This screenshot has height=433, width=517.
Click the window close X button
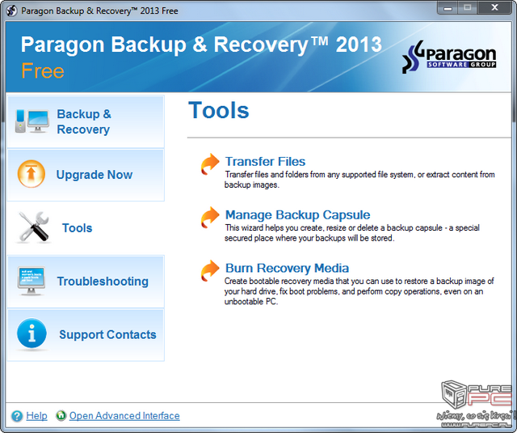[494, 7]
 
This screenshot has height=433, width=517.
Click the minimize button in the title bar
[448, 7]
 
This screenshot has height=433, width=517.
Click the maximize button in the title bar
[467, 7]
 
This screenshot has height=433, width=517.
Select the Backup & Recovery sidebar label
[84, 121]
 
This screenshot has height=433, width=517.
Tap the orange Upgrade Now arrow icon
[32, 174]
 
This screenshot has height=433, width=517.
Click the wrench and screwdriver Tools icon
[34, 227]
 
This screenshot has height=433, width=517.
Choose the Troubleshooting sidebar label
[103, 282]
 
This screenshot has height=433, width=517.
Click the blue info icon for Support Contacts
[32, 333]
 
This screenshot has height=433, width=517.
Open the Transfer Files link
[265, 162]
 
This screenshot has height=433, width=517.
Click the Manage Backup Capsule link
[297, 214]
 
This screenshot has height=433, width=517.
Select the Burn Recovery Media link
[287, 268]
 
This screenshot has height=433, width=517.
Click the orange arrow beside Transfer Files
[210, 163]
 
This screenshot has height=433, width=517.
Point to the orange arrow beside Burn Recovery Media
[210, 270]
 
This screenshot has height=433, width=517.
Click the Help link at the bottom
[36, 415]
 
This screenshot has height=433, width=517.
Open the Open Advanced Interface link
[124, 415]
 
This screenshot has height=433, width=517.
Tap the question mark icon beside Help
[17, 416]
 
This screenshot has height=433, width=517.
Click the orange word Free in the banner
[43, 71]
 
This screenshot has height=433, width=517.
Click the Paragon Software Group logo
[449, 57]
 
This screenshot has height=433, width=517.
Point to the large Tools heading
[218, 110]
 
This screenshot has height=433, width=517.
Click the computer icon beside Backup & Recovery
[32, 121]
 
